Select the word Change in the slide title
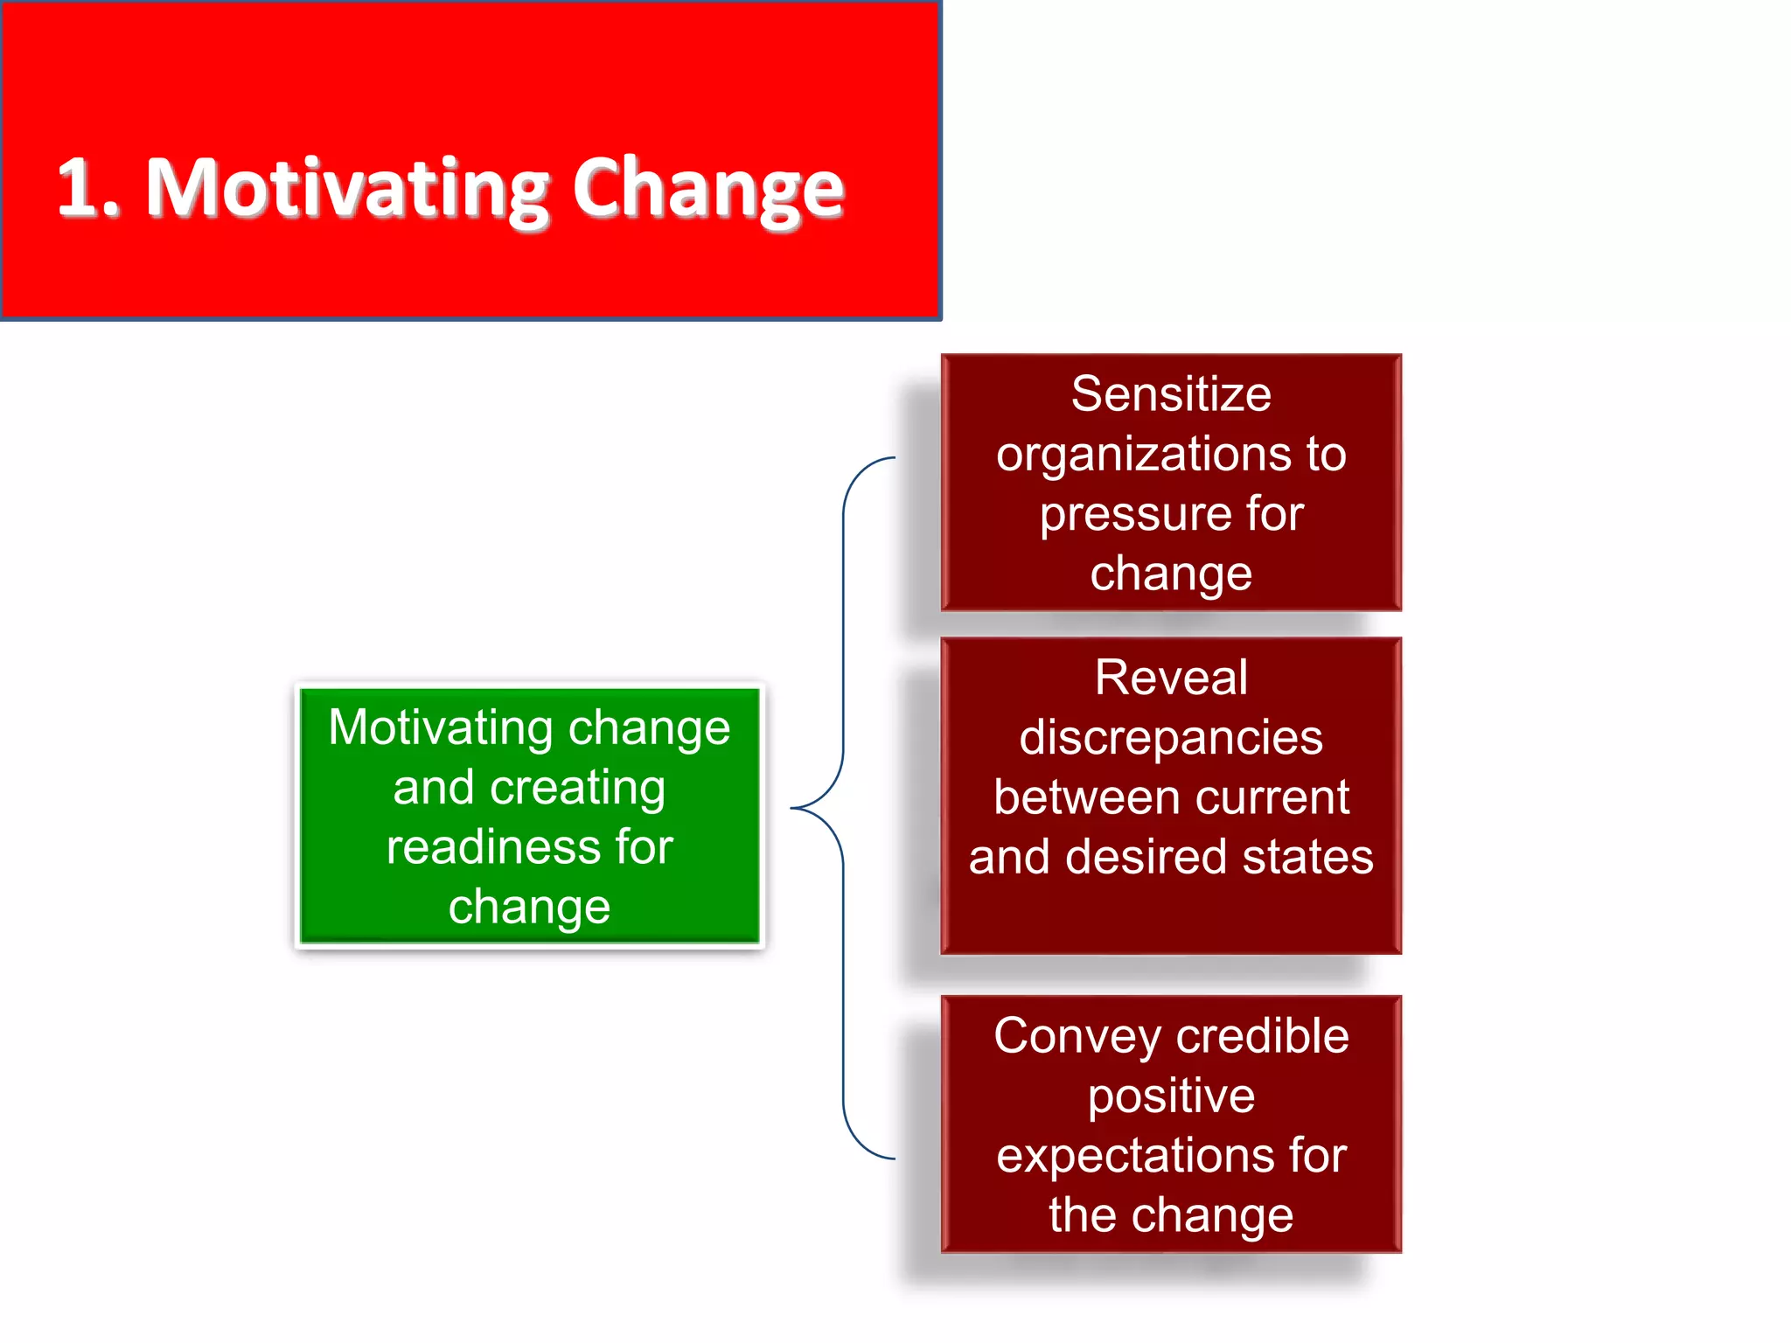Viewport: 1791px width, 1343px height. pyautogui.click(x=707, y=189)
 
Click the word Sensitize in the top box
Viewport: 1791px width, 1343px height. pyautogui.click(x=1171, y=393)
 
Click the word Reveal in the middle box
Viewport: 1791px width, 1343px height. pyautogui.click(x=1171, y=678)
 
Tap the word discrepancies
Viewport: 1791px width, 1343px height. pyautogui.click(x=1171, y=738)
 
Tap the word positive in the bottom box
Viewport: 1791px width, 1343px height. pyautogui.click(x=1171, y=1096)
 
